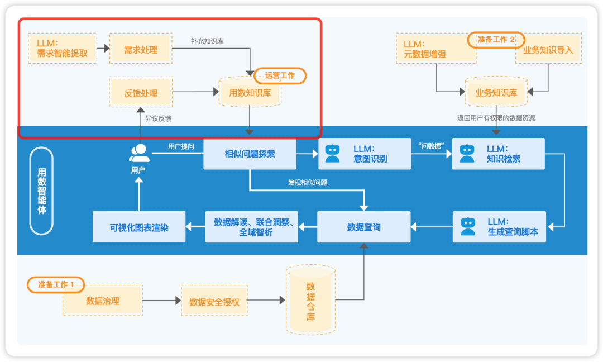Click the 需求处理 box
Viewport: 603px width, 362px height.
point(141,50)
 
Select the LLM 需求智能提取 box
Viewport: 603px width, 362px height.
point(61,48)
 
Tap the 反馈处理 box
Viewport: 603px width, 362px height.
point(141,93)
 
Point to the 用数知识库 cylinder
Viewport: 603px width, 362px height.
point(250,93)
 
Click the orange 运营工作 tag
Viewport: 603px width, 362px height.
point(280,75)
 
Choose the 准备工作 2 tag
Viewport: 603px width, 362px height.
point(496,40)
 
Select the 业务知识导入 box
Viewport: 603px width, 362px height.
point(548,50)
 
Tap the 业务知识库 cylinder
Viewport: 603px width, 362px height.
point(496,93)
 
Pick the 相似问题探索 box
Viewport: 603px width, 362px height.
point(250,154)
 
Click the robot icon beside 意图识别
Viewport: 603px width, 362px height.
point(333,154)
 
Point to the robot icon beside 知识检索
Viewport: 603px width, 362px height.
point(467,154)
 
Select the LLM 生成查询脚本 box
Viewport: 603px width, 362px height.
point(499,226)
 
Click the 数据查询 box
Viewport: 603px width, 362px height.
point(363,227)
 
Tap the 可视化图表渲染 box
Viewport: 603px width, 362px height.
point(139,227)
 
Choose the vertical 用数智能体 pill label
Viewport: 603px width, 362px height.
point(42,190)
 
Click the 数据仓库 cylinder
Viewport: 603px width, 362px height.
point(310,301)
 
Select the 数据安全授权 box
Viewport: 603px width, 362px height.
point(214,302)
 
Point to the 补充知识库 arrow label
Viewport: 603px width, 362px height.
point(207,41)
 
